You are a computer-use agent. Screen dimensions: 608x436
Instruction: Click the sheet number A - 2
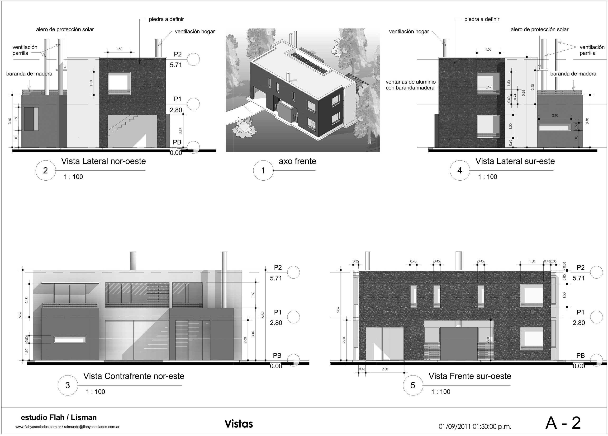563,423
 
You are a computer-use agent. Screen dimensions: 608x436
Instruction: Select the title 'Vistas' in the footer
239,424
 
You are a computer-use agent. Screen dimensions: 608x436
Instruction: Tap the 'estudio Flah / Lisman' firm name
59,417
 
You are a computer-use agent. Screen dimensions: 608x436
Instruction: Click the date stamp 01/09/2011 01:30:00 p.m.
475,427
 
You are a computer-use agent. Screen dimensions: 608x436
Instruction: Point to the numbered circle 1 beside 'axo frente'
263,170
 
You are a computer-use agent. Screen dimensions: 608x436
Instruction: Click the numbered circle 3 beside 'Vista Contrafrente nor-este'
67,385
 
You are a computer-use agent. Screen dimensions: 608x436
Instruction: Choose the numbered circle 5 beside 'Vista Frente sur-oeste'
413,385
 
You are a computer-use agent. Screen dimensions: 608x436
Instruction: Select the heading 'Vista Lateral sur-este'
515,161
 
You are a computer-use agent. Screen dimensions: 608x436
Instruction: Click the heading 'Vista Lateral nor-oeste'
104,161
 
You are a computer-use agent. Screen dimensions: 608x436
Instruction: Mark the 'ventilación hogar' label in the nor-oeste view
195,31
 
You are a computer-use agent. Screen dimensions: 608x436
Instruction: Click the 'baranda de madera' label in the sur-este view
573,74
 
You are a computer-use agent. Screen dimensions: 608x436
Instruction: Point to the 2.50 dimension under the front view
385,369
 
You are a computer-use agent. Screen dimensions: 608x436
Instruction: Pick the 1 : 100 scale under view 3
95,392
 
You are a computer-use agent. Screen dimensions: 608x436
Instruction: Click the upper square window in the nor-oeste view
119,83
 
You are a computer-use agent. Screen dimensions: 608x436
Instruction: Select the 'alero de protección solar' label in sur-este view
539,29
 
